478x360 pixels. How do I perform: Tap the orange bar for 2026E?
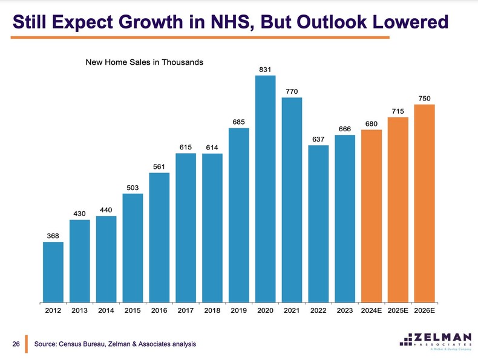(424, 203)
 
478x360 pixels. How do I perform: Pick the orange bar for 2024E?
(371, 215)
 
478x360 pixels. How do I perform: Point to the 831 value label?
(265, 70)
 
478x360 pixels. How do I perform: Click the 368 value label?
(53, 235)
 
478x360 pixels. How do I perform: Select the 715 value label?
(398, 111)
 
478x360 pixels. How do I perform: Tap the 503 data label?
(133, 188)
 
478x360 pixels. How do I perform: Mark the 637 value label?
(318, 139)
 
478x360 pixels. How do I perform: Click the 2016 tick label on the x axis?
(159, 311)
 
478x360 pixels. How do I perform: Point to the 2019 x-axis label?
(238, 311)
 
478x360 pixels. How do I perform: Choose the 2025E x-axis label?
(398, 311)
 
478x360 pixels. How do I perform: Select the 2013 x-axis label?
(79, 311)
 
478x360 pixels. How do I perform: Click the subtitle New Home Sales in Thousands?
(144, 62)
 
